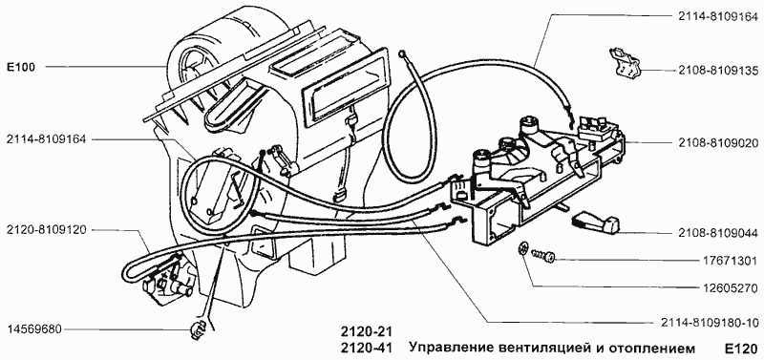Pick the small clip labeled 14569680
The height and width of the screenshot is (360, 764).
pyautogui.click(x=198, y=330)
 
